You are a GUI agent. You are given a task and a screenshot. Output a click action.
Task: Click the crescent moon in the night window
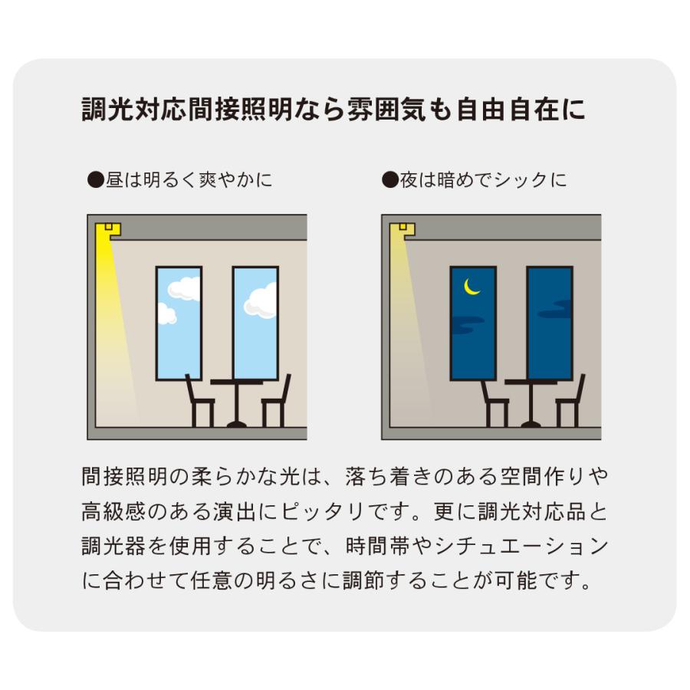(472, 286)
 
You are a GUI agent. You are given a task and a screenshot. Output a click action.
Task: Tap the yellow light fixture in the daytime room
(108, 229)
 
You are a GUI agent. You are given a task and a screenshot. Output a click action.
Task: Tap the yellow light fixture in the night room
(402, 229)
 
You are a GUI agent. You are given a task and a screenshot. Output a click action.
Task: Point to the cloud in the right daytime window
(262, 300)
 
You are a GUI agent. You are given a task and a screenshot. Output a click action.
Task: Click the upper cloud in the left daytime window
(185, 288)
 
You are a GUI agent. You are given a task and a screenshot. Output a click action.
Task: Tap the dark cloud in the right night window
(555, 313)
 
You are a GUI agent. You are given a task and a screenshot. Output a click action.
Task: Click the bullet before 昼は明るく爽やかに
(95, 181)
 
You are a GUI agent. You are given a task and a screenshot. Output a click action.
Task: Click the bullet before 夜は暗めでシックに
(389, 181)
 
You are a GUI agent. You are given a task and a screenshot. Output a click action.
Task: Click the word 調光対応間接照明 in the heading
(176, 109)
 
